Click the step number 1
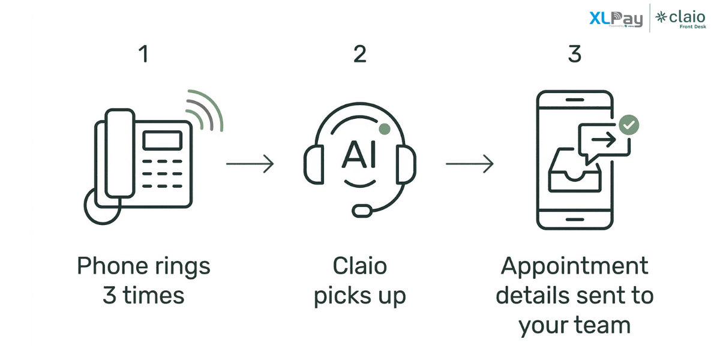point(143,55)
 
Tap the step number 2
point(359,55)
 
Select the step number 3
point(574,55)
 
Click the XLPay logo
point(616,19)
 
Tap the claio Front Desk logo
point(680,19)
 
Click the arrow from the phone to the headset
point(250,163)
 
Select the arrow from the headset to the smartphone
point(469,163)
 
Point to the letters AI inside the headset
point(359,155)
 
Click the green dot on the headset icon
point(385,129)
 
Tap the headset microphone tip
point(362,211)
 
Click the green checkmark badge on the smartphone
point(629,125)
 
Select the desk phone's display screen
point(162,140)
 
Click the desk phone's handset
point(119,153)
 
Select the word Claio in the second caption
point(360,266)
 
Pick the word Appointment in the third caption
point(575,266)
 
